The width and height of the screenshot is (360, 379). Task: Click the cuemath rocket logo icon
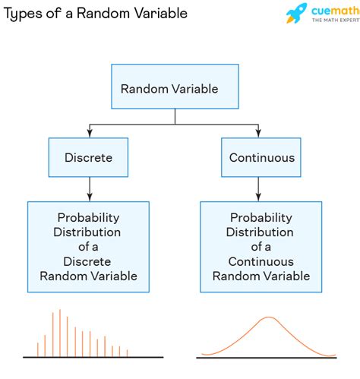point(297,13)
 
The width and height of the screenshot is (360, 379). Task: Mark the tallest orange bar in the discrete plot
point(59,333)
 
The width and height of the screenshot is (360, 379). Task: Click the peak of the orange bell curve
point(267,318)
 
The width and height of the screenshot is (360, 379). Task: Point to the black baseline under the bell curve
point(266,357)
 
